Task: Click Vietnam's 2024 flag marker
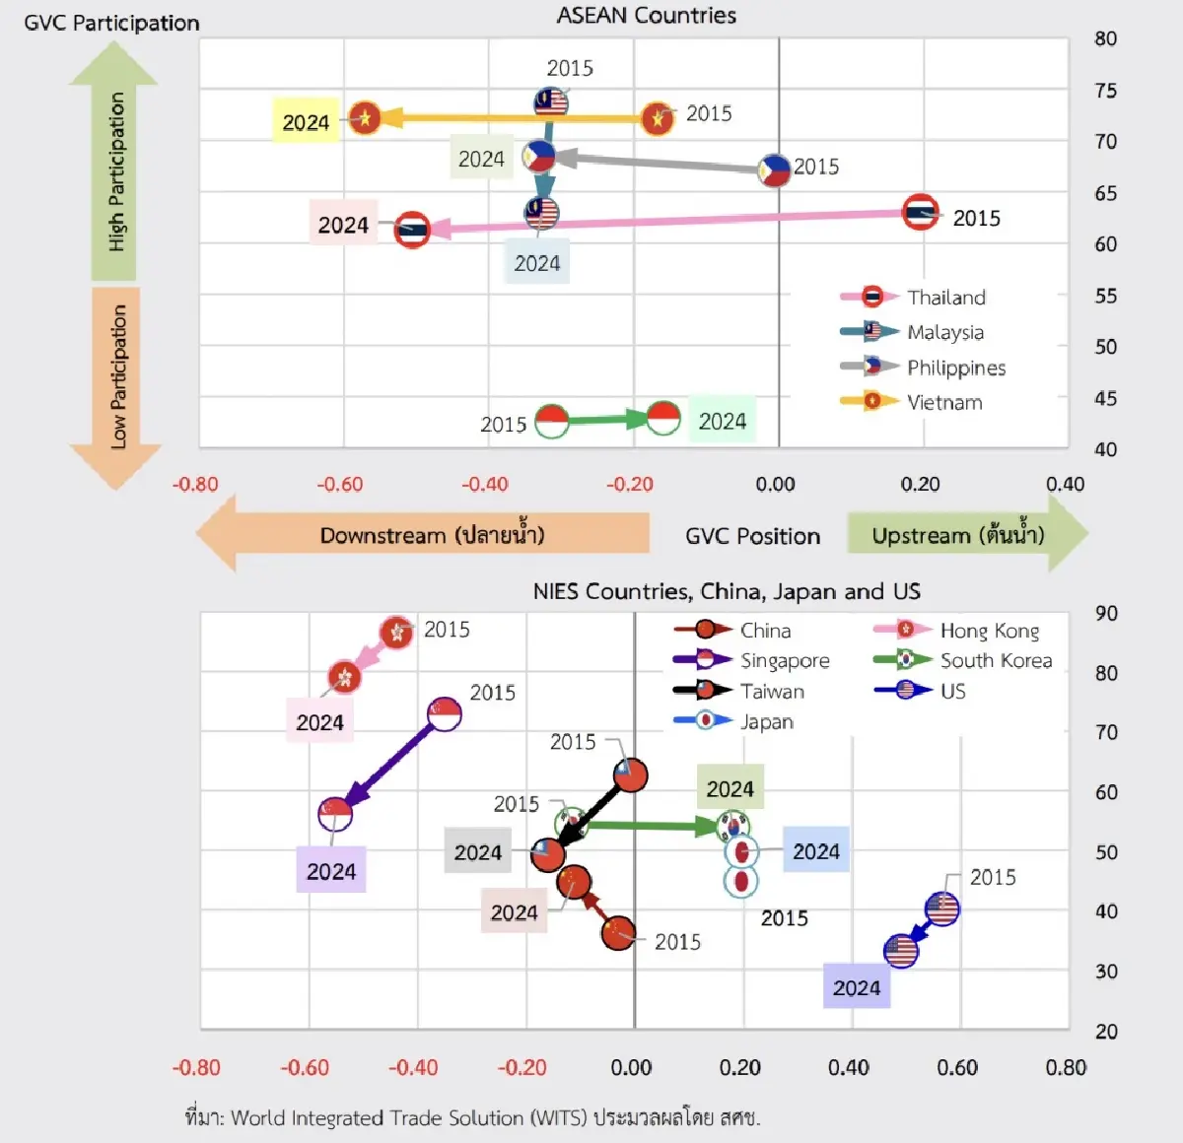click(365, 118)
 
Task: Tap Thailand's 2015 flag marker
click(921, 213)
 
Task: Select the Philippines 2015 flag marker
click(775, 170)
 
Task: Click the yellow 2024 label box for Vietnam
click(306, 122)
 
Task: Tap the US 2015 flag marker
click(942, 908)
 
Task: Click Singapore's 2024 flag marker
click(335, 813)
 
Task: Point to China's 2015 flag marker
click(618, 932)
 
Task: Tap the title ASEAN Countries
click(647, 15)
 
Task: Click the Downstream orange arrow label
click(432, 535)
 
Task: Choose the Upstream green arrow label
click(957, 535)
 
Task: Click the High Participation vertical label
click(116, 172)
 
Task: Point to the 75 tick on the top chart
click(1105, 91)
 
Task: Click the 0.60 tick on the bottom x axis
click(957, 1067)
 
